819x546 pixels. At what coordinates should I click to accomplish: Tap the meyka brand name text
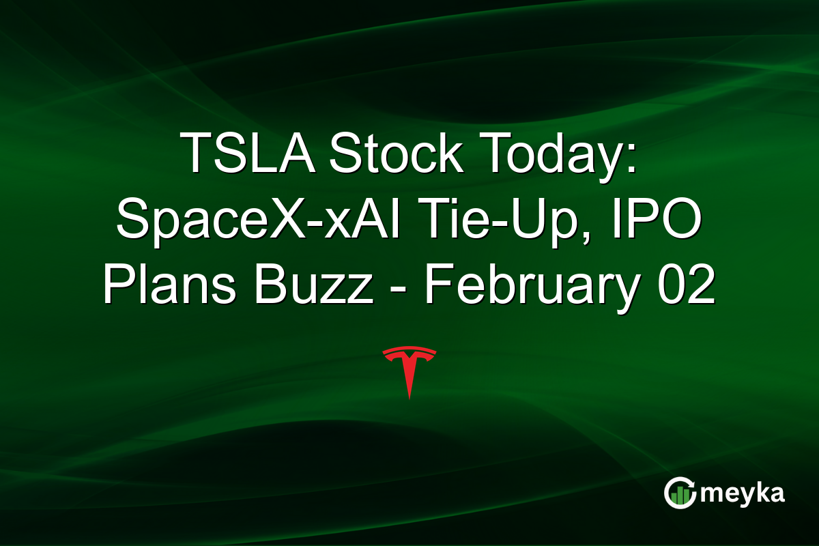[743, 493]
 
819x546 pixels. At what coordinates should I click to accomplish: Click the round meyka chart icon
[680, 493]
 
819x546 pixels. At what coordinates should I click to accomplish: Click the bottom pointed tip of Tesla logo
[409, 397]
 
